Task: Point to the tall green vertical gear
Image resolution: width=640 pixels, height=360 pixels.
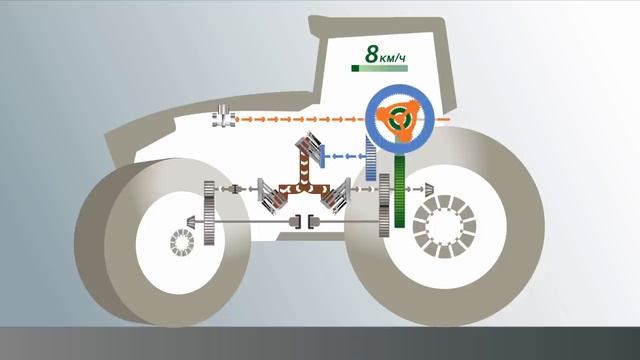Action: pos(399,190)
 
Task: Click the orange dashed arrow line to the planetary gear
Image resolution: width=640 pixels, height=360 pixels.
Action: pos(300,120)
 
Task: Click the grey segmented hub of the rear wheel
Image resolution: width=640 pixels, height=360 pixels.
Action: pos(441,225)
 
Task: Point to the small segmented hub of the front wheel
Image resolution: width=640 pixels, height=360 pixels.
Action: pos(182,243)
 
